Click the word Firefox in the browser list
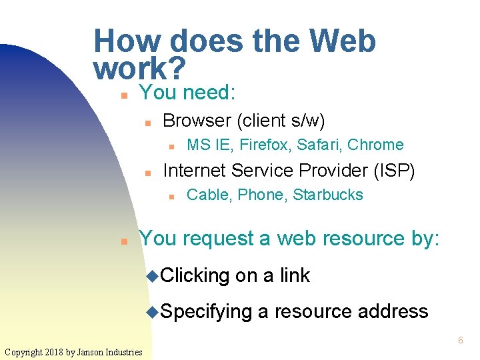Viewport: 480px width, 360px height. [x=265, y=145]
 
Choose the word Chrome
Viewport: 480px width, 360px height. [x=376, y=145]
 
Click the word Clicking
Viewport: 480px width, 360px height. [x=195, y=275]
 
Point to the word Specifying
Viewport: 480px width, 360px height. [x=206, y=311]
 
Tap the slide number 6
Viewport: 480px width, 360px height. [x=460, y=341]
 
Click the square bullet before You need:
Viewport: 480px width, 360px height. [x=124, y=95]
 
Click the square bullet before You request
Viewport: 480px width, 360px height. [x=124, y=241]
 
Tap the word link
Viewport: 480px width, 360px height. [x=295, y=275]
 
